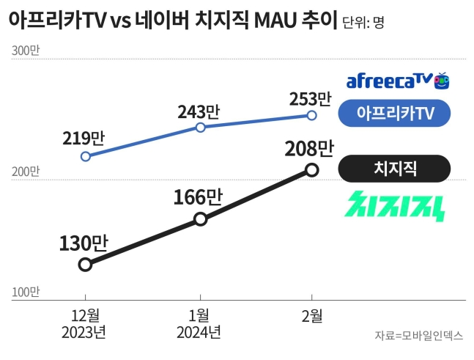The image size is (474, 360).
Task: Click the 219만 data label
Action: coord(85,138)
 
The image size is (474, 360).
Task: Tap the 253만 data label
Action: coord(311,98)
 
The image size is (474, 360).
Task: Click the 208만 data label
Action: coord(311,149)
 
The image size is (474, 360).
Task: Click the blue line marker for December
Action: coord(86,156)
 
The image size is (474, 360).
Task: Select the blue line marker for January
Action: coord(200,127)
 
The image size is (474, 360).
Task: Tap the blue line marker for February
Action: coord(311,115)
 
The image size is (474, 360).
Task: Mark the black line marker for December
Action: coord(85,264)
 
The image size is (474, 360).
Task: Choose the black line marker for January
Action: coord(200,218)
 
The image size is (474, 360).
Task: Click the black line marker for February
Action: coord(312,170)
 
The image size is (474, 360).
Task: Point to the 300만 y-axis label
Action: coord(26,51)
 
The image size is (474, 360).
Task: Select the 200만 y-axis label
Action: coord(26,172)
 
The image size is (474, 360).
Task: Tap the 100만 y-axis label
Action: coord(26,292)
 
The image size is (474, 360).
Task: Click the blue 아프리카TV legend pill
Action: coord(394,114)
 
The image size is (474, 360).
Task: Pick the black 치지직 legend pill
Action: coord(394,168)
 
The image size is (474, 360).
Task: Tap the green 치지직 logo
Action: coord(395,206)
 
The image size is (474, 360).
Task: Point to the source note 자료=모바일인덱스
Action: coord(419,336)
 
